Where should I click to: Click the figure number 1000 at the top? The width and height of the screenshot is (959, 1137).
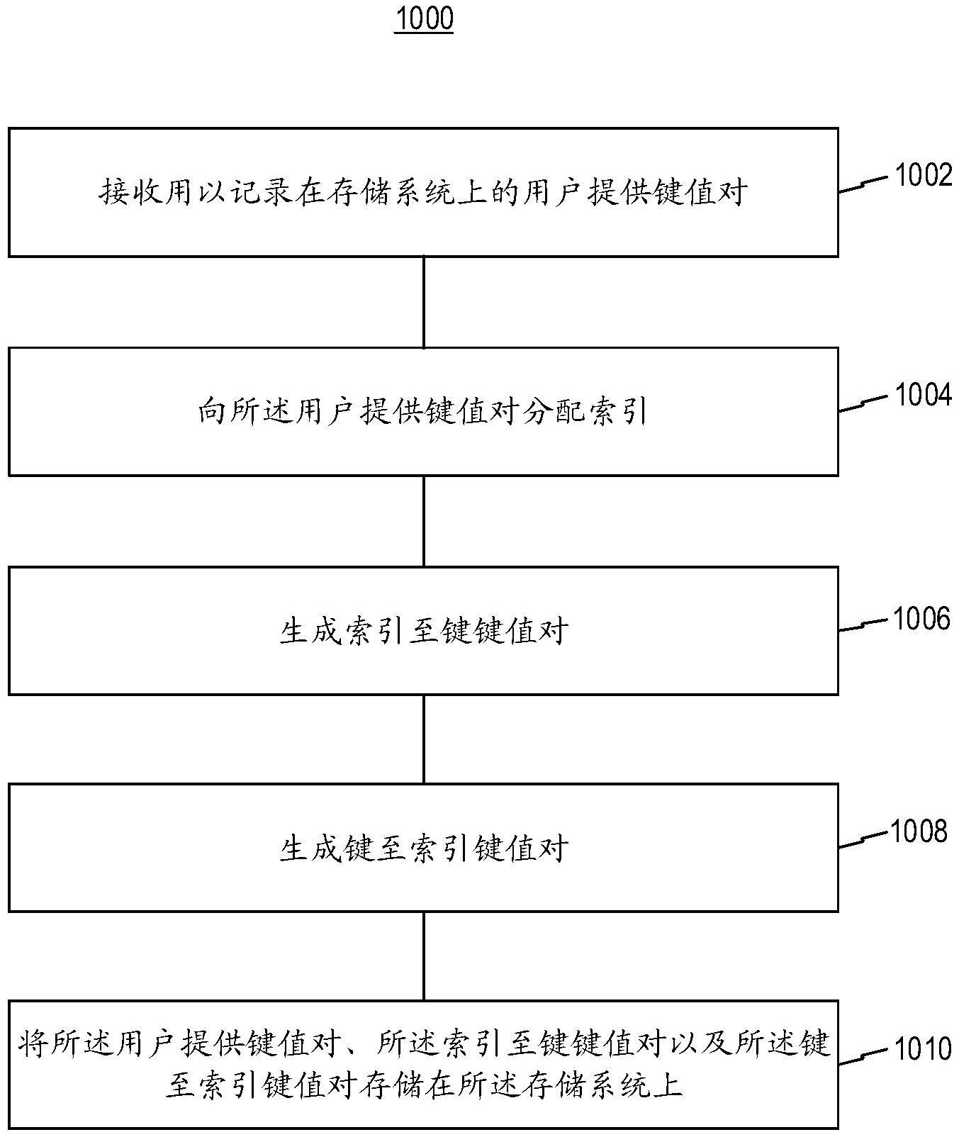click(x=424, y=19)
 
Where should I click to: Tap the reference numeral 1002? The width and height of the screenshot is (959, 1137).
click(x=923, y=175)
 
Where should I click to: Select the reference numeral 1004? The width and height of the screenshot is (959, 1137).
click(x=923, y=395)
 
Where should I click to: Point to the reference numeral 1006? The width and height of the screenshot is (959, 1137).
click(x=920, y=619)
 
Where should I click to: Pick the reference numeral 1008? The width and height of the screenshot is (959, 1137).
click(x=918, y=831)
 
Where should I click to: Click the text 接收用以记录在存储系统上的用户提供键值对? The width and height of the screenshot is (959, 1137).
click(x=423, y=192)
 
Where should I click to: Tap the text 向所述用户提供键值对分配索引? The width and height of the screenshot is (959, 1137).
click(x=423, y=411)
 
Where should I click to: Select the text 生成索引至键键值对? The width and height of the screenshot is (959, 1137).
click(x=423, y=630)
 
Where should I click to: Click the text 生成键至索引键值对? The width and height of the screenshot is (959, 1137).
click(x=423, y=848)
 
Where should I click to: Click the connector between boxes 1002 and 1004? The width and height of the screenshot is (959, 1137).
click(x=424, y=302)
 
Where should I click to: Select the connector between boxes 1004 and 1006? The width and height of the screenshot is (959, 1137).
click(x=424, y=521)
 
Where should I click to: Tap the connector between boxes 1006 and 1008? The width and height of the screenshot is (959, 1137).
click(x=424, y=739)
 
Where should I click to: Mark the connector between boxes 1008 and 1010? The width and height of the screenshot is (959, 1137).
click(x=424, y=956)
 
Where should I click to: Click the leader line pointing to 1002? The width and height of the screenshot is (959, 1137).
click(x=863, y=184)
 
